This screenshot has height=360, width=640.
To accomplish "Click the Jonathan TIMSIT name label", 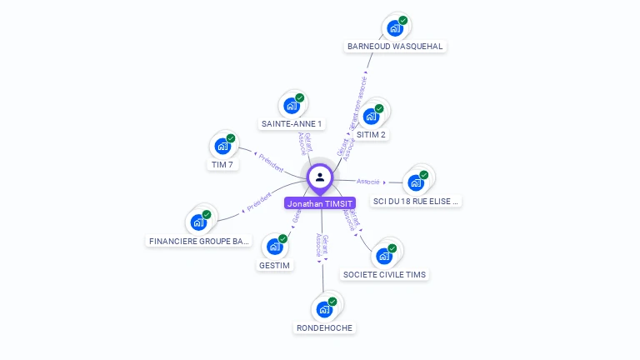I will pyautogui.click(x=320, y=203).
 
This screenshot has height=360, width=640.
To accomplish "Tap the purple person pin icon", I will pyautogui.click(x=320, y=177).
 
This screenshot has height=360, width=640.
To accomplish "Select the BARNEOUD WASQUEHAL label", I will pyautogui.click(x=395, y=47).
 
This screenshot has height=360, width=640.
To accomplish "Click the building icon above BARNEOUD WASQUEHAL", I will pyautogui.click(x=395, y=27).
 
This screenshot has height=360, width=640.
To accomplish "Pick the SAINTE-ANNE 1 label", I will pyautogui.click(x=292, y=124).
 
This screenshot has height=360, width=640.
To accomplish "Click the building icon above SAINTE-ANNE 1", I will pyautogui.click(x=292, y=105).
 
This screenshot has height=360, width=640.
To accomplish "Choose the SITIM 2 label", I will pyautogui.click(x=372, y=135).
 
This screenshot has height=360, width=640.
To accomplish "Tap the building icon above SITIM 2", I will pyautogui.click(x=372, y=116).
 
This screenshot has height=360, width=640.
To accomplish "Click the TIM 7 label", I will pyautogui.click(x=222, y=165).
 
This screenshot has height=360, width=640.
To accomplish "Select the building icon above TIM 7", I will pyautogui.click(x=222, y=146).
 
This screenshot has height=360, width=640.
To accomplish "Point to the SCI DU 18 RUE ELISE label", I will pyautogui.click(x=416, y=202).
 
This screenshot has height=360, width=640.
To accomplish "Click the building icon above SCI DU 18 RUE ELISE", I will pyautogui.click(x=416, y=182).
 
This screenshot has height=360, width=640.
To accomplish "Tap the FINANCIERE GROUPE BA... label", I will pyautogui.click(x=198, y=242).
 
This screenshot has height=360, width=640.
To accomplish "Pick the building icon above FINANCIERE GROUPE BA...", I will pyautogui.click(x=198, y=222).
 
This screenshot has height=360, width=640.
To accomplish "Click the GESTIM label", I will pyautogui.click(x=274, y=266).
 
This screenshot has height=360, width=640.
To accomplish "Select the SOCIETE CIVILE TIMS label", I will pyautogui.click(x=385, y=274).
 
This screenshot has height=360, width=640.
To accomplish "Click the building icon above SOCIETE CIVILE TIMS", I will pyautogui.click(x=385, y=255).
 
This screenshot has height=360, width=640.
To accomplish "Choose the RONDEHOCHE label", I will pyautogui.click(x=325, y=328).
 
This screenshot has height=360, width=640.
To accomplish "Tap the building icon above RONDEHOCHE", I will pyautogui.click(x=325, y=309).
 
